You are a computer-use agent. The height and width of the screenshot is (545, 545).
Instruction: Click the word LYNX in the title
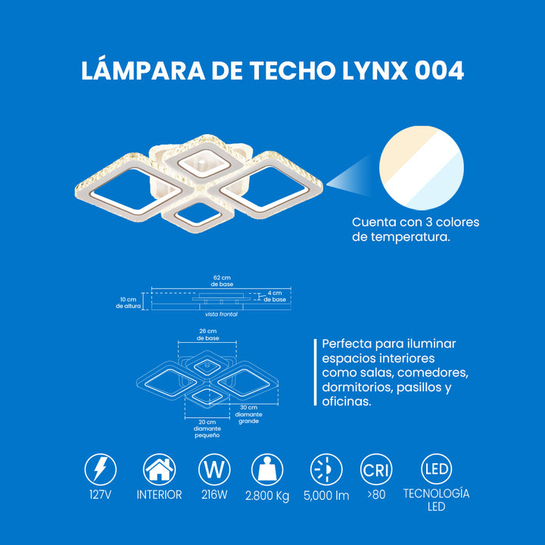coord(375,70)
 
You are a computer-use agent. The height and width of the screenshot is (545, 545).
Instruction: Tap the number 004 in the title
coord(439,70)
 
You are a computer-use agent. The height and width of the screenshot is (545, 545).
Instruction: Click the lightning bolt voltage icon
coord(101,469)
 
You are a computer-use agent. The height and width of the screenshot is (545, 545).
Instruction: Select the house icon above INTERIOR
coord(159,469)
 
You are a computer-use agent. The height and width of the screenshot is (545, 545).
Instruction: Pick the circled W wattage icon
coord(214,469)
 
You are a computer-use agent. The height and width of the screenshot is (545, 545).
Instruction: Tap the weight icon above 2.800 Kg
coord(267,469)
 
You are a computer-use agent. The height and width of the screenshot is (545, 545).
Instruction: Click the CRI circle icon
coord(376,469)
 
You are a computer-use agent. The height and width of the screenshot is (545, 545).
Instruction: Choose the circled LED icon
coord(437,469)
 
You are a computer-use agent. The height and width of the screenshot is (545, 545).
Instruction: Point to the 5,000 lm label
coord(326,495)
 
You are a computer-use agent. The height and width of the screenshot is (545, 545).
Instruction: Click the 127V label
coord(100,494)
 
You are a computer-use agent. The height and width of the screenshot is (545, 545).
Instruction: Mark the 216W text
coord(214,494)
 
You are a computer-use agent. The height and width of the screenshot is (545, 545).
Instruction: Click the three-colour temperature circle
coord(422,168)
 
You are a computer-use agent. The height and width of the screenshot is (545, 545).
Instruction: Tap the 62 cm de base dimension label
coord(222,281)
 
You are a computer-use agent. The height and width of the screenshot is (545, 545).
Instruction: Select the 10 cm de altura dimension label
coord(128,303)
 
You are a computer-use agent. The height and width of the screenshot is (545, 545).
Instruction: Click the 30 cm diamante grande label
coord(248,414)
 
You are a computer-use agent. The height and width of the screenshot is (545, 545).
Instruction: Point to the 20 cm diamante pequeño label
coord(207,428)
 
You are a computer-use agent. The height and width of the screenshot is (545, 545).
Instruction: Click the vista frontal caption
coord(221,314)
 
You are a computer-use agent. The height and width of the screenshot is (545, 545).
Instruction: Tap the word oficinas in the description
coord(347,401)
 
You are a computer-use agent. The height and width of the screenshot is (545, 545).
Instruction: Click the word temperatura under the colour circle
coord(410,237)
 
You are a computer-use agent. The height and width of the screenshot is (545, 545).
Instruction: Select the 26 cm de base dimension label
coord(208,335)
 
